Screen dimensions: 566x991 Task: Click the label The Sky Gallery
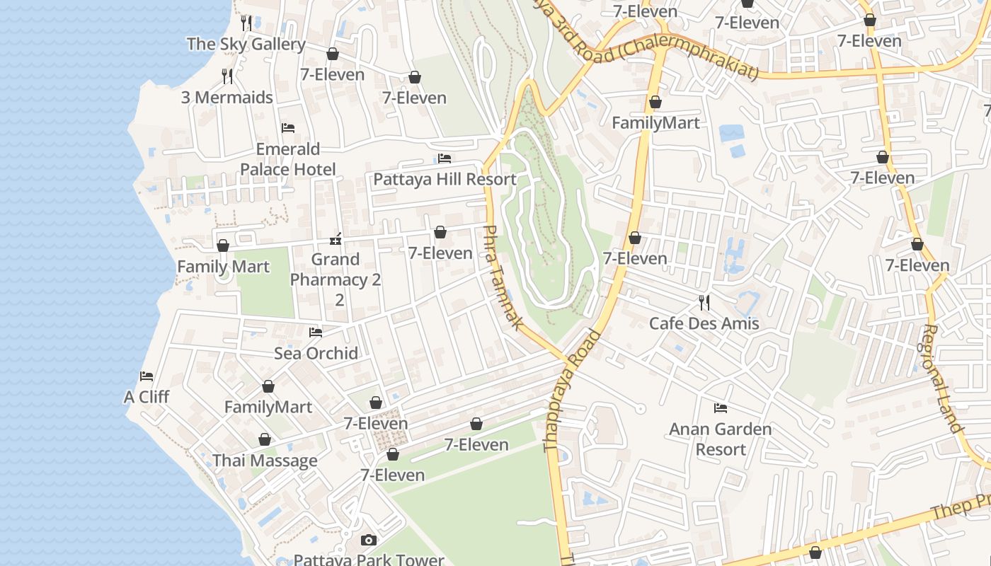coord(246,44)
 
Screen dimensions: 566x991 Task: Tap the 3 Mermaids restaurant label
coord(227,98)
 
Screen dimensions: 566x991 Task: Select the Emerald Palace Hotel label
coord(287,159)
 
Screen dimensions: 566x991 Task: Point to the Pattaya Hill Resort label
coord(445,179)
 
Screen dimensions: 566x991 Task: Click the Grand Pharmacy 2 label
coord(336,279)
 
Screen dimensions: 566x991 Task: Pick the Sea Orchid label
coord(316,353)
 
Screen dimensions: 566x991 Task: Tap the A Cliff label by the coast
coord(147,397)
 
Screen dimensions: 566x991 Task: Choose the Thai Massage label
coord(265,461)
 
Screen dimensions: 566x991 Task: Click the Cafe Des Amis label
coord(704,323)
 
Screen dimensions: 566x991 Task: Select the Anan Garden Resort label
coord(720,439)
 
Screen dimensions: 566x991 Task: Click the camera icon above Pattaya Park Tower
coord(368,541)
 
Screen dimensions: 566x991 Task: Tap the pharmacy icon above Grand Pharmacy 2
coord(336,239)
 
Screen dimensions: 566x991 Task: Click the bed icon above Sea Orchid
coord(316,333)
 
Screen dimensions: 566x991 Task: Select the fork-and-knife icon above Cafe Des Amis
coord(704,303)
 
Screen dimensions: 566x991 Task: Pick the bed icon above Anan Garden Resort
coord(720,408)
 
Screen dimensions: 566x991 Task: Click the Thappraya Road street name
coord(571,390)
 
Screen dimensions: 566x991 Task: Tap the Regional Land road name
coord(943,379)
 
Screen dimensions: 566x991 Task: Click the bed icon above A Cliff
coord(147,376)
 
